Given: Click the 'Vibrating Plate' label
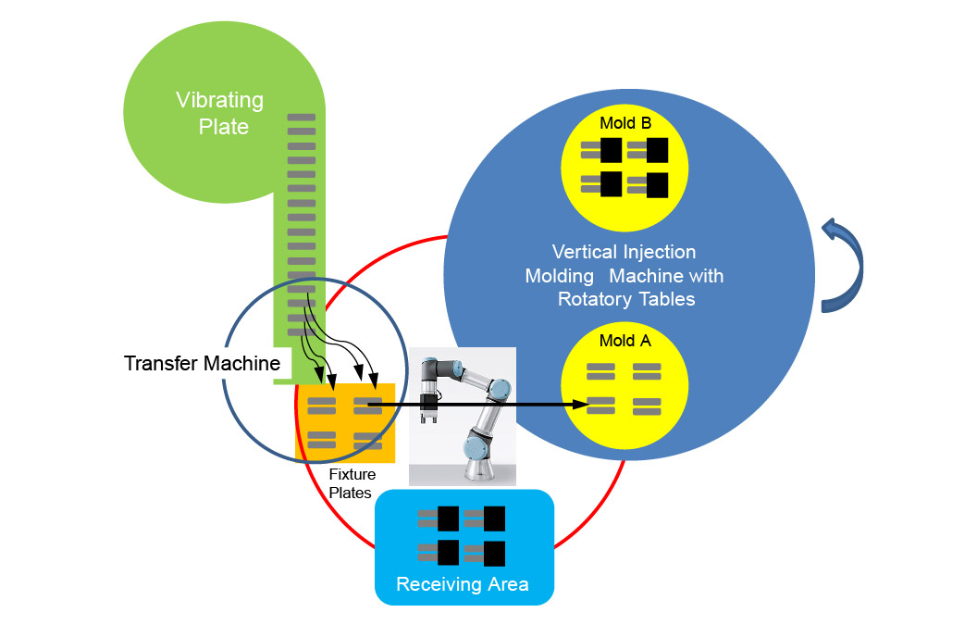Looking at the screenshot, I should point(219,112).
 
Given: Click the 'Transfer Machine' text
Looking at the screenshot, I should point(202,363).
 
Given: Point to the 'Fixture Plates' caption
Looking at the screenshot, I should point(352,483).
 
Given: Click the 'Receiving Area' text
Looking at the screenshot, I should point(462,584).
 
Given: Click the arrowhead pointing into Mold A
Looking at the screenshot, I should point(582,404).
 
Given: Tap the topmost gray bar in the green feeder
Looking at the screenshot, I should point(302,118).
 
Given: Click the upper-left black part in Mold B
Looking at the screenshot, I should point(611,149).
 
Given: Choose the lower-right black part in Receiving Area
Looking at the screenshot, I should point(494,554).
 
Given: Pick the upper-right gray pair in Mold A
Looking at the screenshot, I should point(647,371).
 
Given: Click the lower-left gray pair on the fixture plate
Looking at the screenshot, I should point(321,440).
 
